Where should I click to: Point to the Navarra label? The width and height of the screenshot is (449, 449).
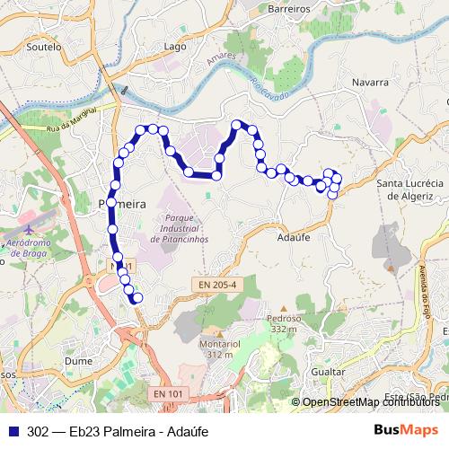tap(369, 82)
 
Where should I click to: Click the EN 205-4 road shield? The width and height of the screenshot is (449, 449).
tap(218, 286)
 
